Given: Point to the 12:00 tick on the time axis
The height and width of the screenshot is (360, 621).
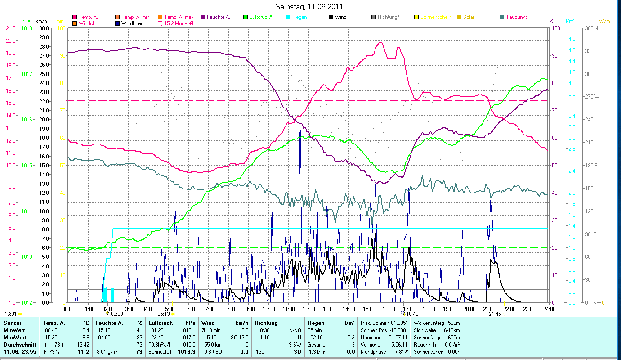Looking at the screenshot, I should point(309,309).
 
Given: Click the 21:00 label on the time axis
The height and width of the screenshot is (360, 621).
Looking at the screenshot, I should point(489,309).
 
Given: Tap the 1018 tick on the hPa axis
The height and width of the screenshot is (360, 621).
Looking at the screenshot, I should point(27,28).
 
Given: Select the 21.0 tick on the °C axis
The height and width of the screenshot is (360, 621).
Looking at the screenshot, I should point(10,28).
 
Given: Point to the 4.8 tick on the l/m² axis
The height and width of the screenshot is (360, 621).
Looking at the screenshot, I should point(572,39).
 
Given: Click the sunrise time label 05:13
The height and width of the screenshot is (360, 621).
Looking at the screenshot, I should point(164,314).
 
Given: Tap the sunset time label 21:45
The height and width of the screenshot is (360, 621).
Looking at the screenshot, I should point(495,314).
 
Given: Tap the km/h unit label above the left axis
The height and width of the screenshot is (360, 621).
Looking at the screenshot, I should point(41,21).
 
